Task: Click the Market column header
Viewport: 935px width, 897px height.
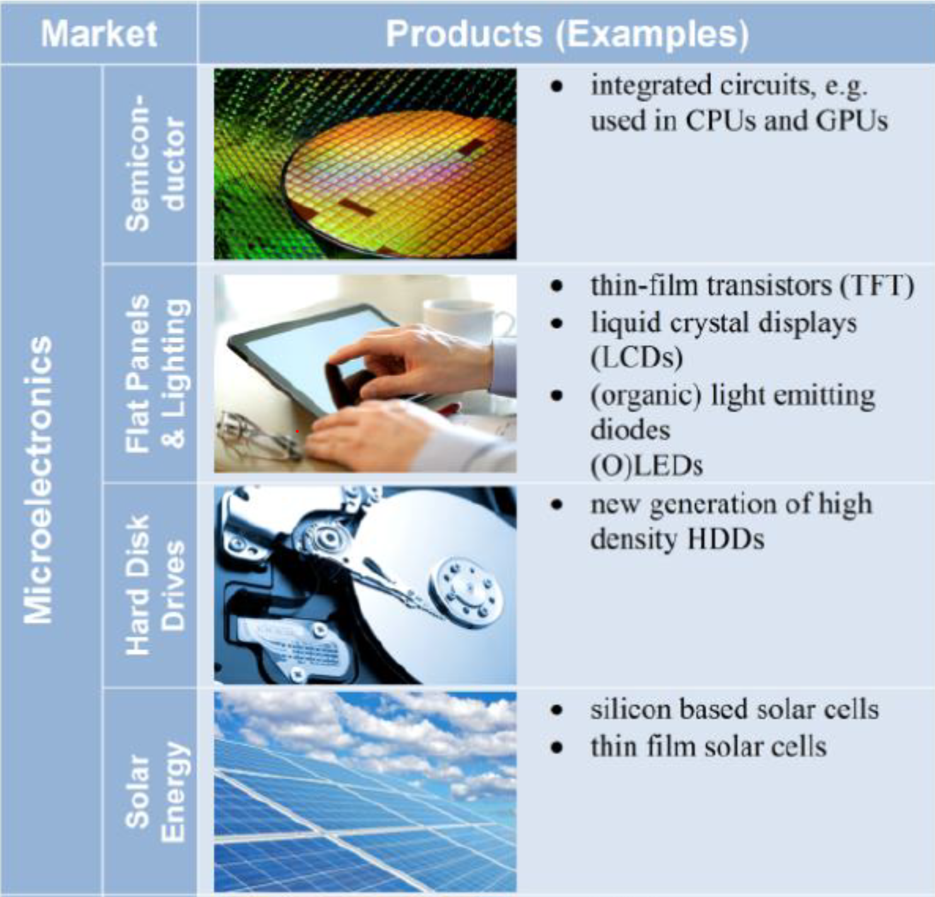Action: coord(99,34)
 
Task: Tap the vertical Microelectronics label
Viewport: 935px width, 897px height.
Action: coord(38,479)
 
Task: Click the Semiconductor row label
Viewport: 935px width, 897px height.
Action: coord(154,163)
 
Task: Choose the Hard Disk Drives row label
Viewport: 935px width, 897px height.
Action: coord(154,585)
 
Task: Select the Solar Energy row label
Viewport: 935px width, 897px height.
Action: coord(154,792)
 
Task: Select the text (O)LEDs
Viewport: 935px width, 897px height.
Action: coord(647,466)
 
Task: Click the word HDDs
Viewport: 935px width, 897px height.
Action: coord(726,539)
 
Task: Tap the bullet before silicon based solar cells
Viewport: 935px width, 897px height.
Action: coord(556,710)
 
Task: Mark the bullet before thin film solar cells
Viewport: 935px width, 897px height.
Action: coord(556,747)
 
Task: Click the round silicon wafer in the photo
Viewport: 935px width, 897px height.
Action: coord(399,183)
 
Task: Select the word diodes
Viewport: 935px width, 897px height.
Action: coord(630,430)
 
